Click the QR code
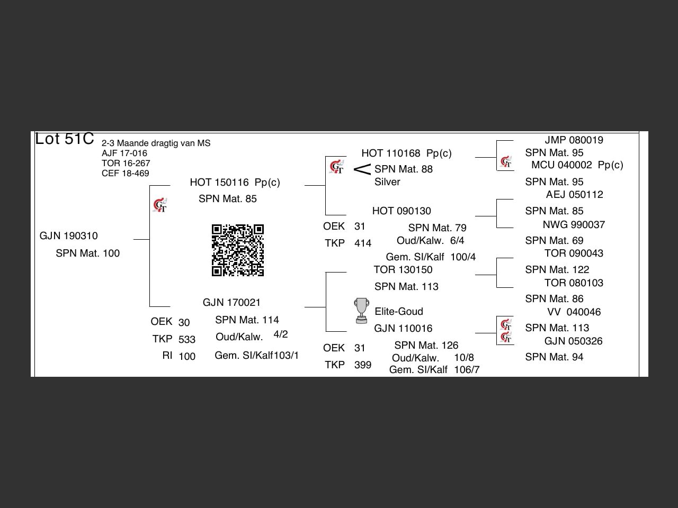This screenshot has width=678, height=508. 238,250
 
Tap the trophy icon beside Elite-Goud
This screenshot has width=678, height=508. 361,311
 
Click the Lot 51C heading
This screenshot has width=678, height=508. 64,139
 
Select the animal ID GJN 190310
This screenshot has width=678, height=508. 68,236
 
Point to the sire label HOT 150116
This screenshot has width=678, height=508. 219,183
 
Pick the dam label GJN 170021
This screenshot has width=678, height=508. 231,303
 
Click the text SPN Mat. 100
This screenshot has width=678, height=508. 87,253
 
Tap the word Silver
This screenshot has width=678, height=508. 387,182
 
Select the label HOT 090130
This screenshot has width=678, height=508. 402,211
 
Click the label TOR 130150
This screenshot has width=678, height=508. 403,270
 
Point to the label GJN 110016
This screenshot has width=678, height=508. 403,329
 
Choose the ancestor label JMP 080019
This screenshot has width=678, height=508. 574,140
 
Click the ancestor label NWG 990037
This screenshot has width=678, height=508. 574,225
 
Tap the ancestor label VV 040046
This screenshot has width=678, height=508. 574,312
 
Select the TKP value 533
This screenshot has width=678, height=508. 187,340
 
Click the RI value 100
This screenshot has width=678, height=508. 187,357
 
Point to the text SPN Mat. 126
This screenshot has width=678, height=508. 426,346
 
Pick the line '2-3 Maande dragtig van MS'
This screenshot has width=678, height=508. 156,143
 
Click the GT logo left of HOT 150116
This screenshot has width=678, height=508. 160,205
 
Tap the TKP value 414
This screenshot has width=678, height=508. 363,243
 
